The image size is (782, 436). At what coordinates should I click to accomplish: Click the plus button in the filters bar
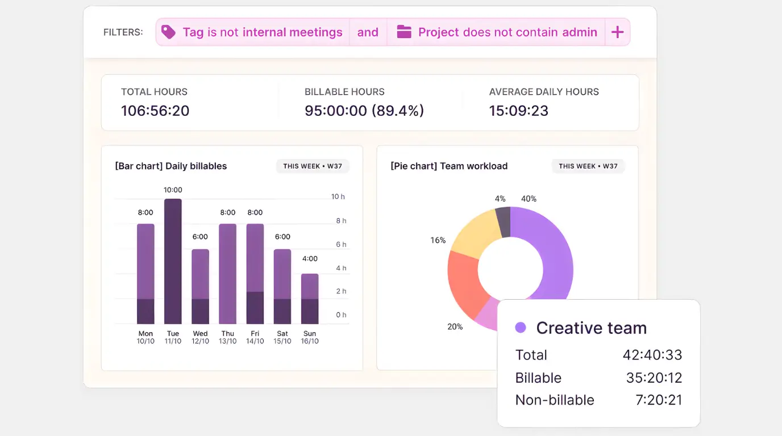pos(617,32)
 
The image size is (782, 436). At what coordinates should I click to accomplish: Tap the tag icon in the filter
pos(168,32)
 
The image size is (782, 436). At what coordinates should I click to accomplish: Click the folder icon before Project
pos(404,32)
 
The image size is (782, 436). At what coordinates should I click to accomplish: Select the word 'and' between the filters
pos(368,32)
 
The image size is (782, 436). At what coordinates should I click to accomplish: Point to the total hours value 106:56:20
pos(155,111)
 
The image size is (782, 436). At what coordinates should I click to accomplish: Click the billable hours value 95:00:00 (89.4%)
pos(364,111)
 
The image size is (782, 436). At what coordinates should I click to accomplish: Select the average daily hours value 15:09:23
pos(519,111)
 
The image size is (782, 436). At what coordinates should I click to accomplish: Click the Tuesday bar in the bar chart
pos(173,261)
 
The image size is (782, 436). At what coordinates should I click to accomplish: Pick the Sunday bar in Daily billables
pos(310,299)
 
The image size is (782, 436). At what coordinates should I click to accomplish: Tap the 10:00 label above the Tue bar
pos(173,190)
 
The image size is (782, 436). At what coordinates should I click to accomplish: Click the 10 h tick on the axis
pos(338,197)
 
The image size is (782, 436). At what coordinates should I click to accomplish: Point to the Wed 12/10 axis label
pos(200,337)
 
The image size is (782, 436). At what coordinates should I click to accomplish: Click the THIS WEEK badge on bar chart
pos(313,166)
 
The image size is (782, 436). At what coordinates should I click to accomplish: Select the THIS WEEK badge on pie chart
pos(588,166)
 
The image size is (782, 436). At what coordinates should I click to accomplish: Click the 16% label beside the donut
pos(438,241)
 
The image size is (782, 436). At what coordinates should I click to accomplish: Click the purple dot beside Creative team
pos(520,328)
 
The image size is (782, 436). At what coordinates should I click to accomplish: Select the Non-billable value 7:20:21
pos(659,400)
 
